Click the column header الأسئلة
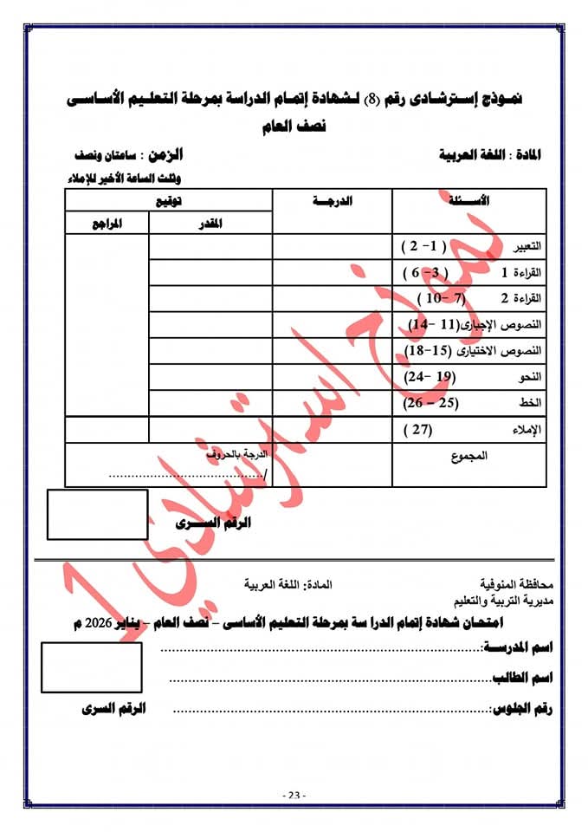[473, 201]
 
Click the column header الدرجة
[333, 201]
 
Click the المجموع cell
[470, 455]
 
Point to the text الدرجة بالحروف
[238, 454]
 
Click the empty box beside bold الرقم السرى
[97, 515]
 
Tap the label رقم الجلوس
[522, 709]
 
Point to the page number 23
[294, 795]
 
